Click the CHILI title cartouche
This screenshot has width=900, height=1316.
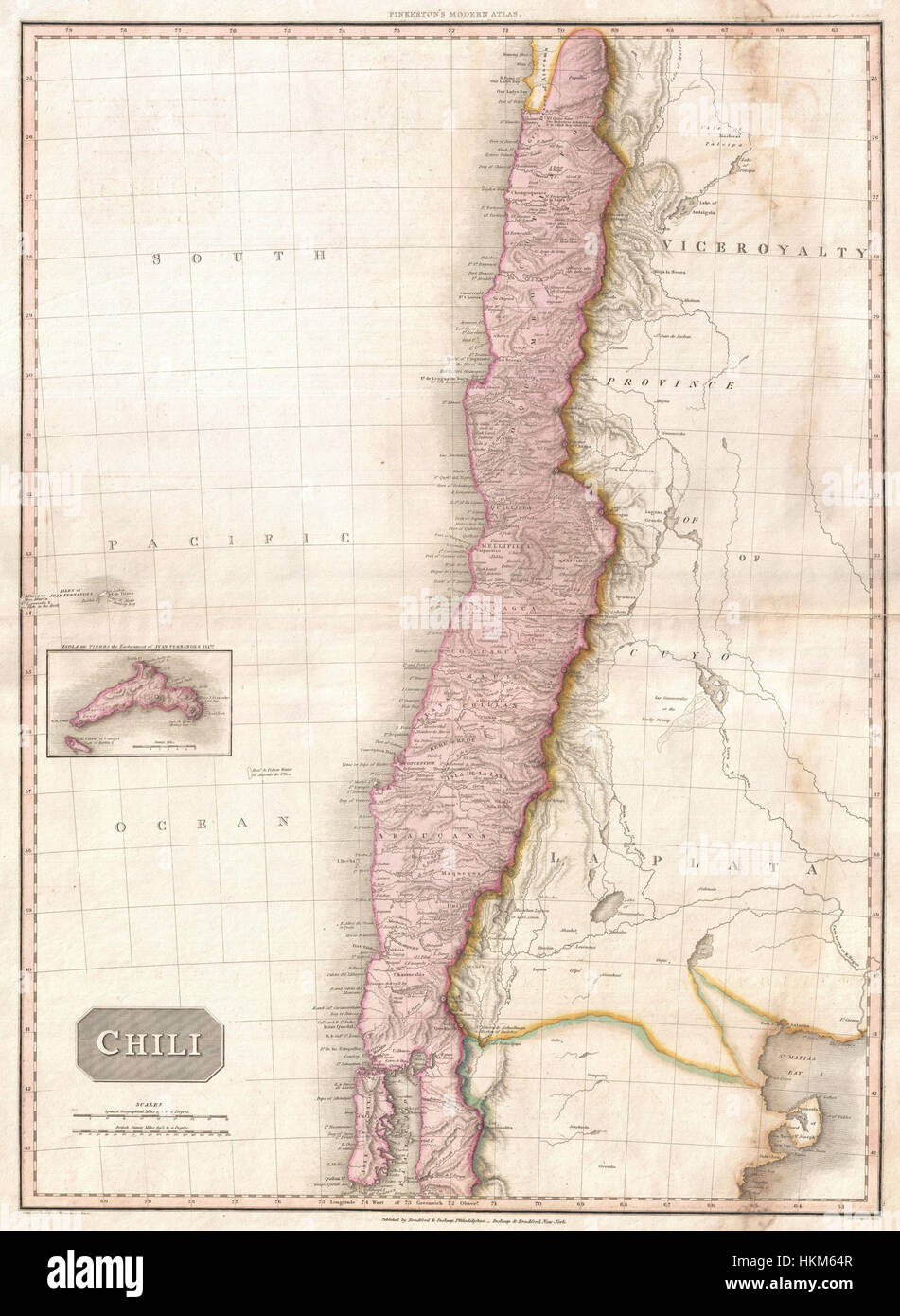click(152, 1043)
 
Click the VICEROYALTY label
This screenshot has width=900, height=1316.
click(766, 251)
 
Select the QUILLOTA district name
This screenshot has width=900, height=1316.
click(511, 507)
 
